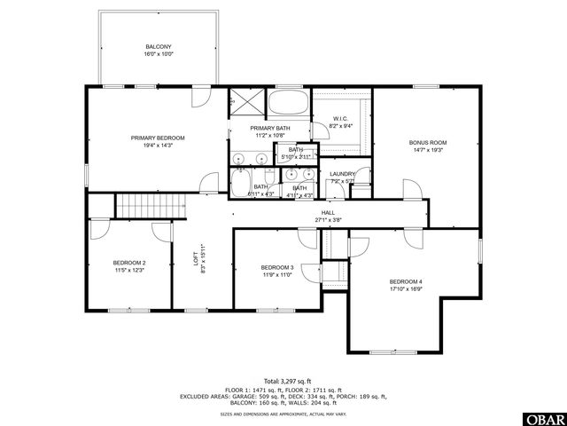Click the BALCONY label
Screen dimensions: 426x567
coord(159,46)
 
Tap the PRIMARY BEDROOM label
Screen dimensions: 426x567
coord(158,138)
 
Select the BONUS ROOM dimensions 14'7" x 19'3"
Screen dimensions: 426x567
coord(427,150)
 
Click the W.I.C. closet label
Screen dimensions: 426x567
coord(340,119)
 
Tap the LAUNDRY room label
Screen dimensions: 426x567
coord(342,174)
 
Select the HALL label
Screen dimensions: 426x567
coord(328,213)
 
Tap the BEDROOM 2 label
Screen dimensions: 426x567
coord(129,263)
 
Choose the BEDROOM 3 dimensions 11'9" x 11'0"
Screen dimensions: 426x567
coord(276,275)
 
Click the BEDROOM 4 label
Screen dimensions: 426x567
coord(407,281)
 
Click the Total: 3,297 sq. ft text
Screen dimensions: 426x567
coord(283,381)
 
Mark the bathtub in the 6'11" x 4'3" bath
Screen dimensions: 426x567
coord(242,184)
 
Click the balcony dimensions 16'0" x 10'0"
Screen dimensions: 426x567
coord(159,54)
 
